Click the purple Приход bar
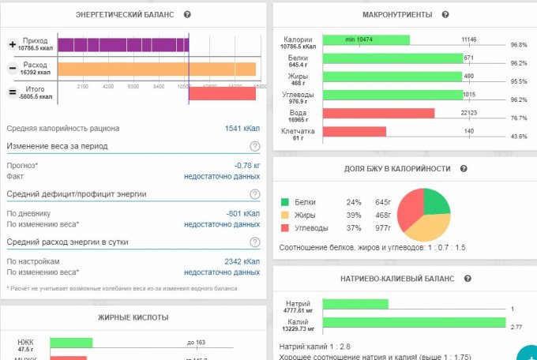pyautogui.click(x=122, y=45)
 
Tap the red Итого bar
pyautogui.click(x=222, y=93)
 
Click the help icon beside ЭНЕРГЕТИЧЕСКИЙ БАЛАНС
pyautogui.click(x=187, y=15)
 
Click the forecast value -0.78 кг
pyautogui.click(x=247, y=165)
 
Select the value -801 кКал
pyautogui.click(x=246, y=213)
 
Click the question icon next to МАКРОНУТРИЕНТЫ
pyautogui.click(x=445, y=15)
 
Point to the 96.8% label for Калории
pyautogui.click(x=518, y=45)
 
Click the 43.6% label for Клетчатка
pyautogui.click(x=518, y=137)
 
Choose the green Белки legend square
pyautogui.click(x=285, y=201)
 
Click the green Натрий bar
pyautogui.click(x=356, y=304)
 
